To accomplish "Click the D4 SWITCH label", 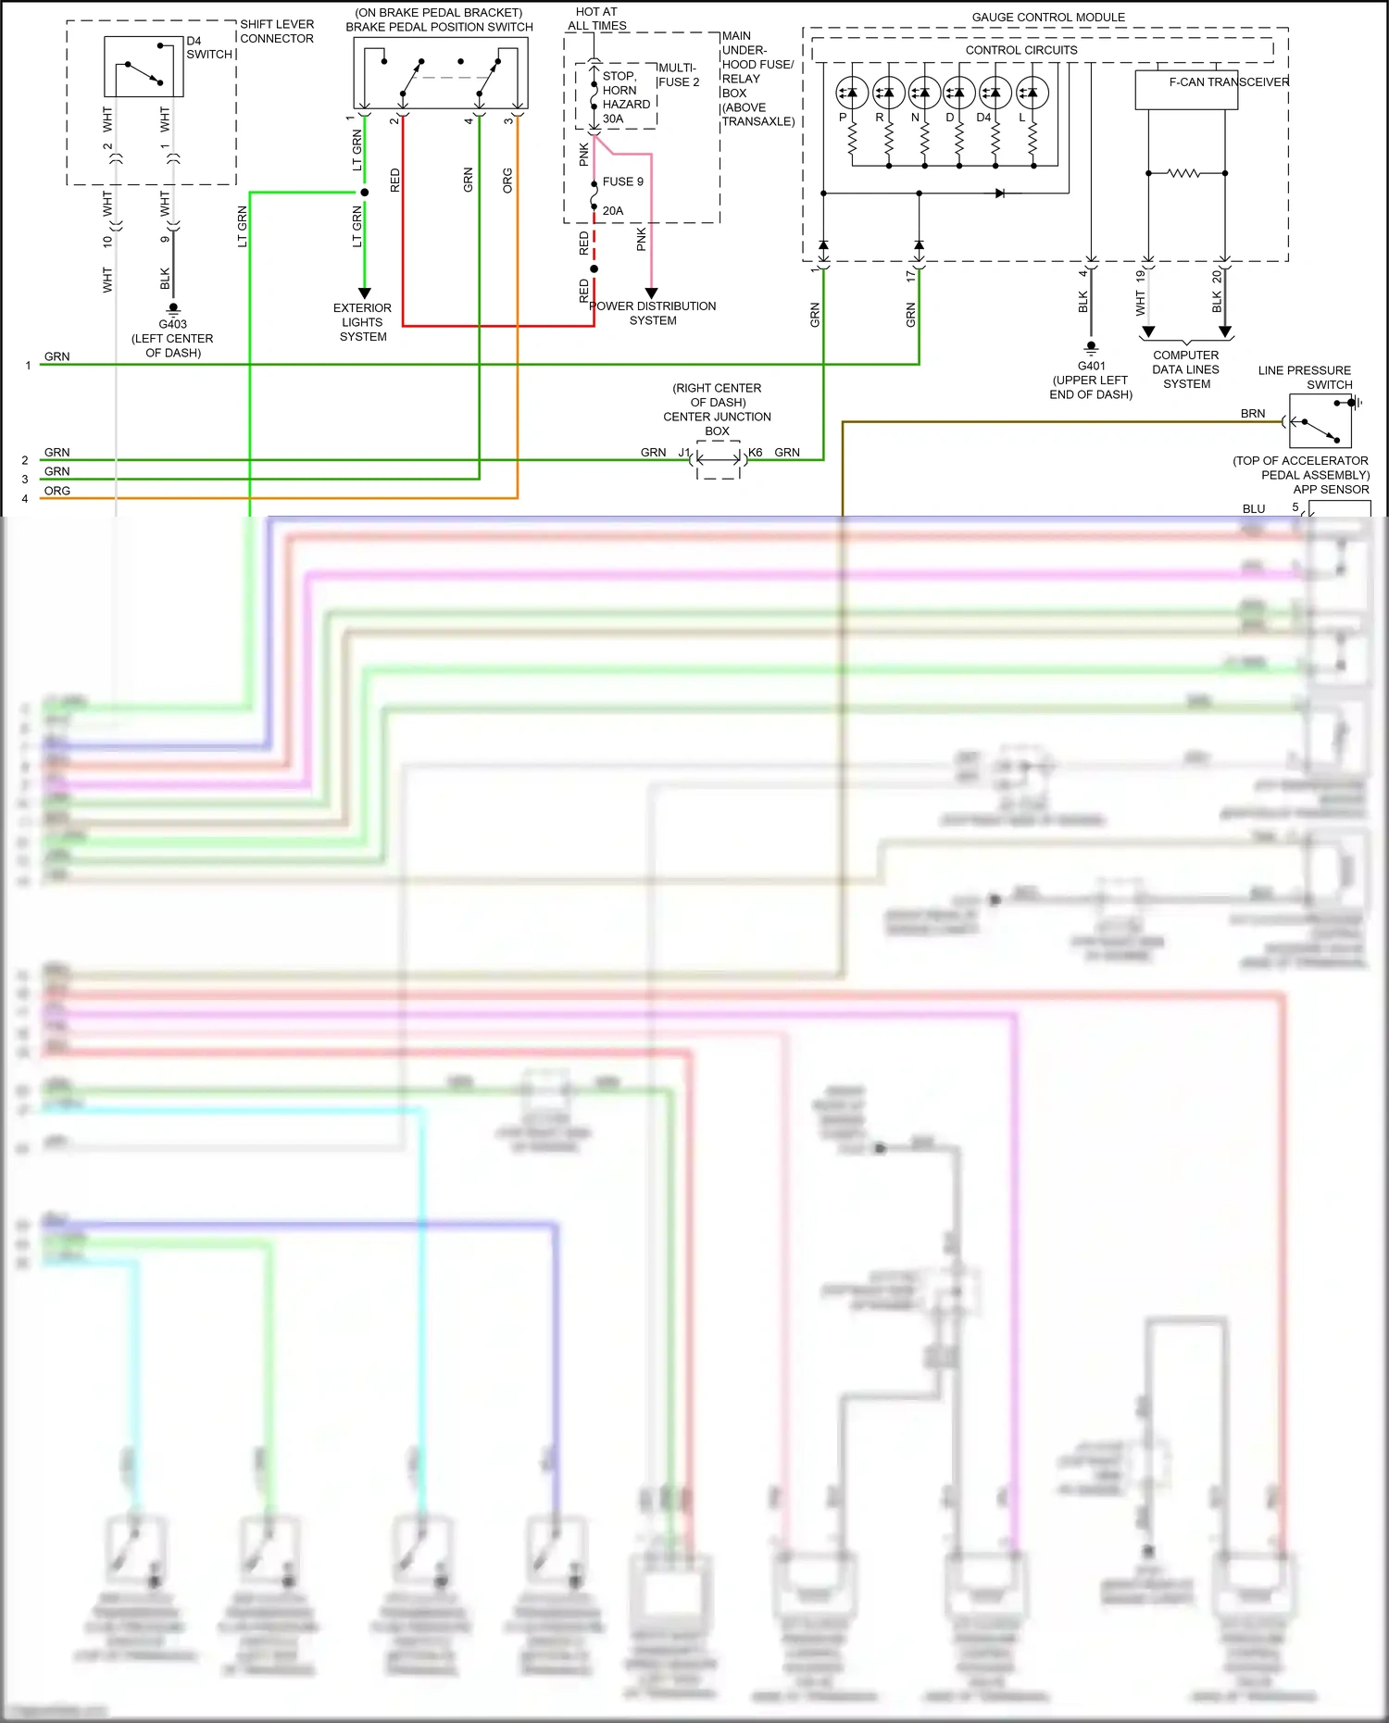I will tap(208, 47).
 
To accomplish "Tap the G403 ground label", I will tap(172, 324).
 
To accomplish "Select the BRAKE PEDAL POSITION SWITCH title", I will tap(439, 27).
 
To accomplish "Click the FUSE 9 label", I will tap(622, 181).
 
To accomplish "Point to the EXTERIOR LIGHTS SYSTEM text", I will tap(363, 322).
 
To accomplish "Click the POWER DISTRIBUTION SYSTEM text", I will tap(653, 313).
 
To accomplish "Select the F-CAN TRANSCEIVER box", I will tap(1186, 90).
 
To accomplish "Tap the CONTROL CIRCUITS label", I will tap(1021, 50).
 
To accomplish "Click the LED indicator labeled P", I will tap(851, 93).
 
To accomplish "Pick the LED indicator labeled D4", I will tap(995, 93).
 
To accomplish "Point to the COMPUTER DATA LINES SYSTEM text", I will tap(1186, 369).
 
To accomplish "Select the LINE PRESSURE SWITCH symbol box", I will tap(1320, 421).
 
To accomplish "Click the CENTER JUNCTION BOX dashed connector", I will tap(719, 459).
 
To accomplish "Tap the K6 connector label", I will tap(756, 452).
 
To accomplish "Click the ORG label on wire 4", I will tap(57, 491).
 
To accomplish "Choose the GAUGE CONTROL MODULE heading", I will tap(1048, 17).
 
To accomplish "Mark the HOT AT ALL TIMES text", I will tap(597, 19).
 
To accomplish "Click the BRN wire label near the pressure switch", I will tap(1252, 414).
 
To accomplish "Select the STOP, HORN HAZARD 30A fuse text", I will tap(625, 97).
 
